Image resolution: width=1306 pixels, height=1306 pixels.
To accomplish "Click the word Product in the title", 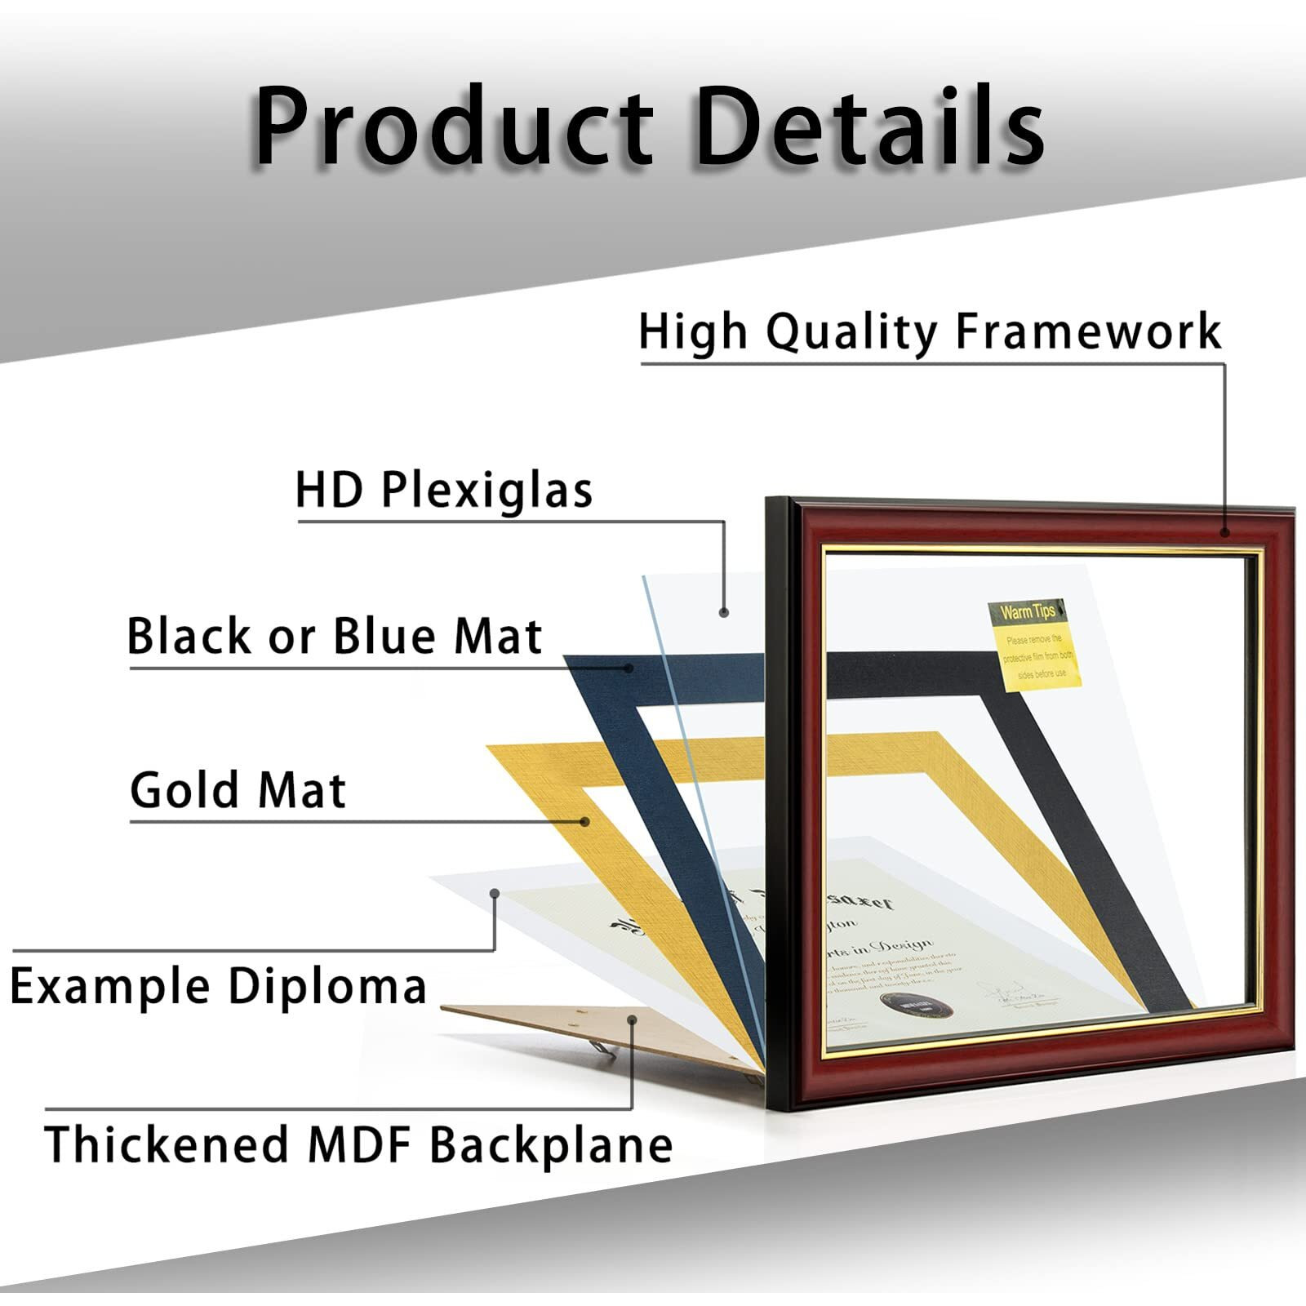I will coord(454,127).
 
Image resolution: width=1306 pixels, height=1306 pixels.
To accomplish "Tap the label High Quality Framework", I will coord(930,332).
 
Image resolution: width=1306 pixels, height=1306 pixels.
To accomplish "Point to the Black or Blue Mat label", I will coord(335,637).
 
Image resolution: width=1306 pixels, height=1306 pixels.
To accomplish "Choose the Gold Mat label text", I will coord(238,790).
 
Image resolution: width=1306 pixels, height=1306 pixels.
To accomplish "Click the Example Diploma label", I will coord(219,986).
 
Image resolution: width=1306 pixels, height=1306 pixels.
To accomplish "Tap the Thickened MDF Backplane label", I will coord(358,1144).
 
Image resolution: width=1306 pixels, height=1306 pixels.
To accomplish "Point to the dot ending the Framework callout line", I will coord(1225,532).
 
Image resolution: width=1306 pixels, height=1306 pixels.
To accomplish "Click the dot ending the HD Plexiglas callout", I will coord(723,612).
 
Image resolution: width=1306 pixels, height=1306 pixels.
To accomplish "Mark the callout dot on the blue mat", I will coord(629,668).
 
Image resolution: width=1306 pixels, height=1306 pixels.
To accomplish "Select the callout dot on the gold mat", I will coord(585,821).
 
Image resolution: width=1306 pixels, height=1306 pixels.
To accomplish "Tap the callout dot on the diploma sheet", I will coord(495,893).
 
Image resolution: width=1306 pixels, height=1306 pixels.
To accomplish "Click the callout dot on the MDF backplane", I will coord(633,1019).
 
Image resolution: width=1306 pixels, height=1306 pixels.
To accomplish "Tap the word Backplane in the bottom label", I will coord(552,1144).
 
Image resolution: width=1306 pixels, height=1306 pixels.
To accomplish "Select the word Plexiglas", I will coord(487,491).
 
